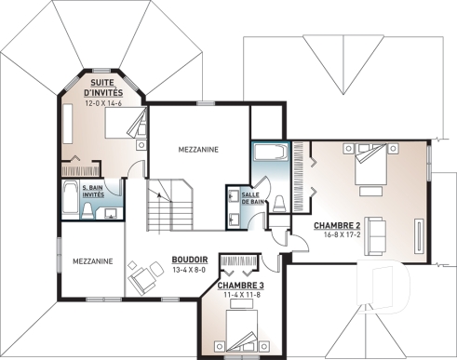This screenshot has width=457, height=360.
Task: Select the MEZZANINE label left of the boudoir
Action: (x=92, y=261)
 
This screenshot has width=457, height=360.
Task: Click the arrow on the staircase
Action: (x=160, y=194)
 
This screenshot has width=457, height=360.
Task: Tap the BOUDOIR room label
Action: (x=189, y=260)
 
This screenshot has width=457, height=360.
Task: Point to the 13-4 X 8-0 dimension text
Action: (x=189, y=271)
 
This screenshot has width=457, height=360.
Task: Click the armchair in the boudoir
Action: (x=142, y=276)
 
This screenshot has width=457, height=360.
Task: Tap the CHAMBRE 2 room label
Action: (x=337, y=225)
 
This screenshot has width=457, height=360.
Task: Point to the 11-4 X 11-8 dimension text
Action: (x=242, y=295)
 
